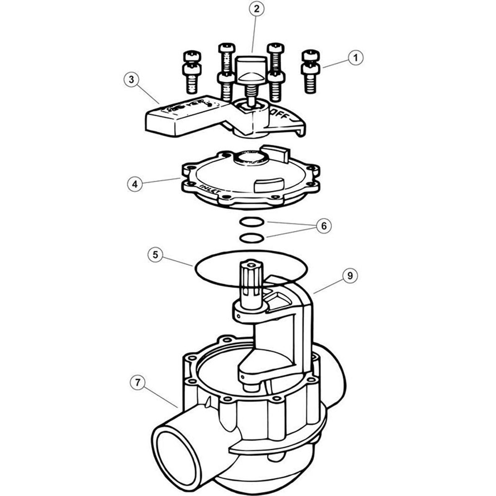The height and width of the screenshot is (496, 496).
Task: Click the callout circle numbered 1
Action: (356, 58)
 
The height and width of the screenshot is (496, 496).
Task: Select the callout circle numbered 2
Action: (256, 9)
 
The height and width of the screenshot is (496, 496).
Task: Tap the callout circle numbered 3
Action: (131, 80)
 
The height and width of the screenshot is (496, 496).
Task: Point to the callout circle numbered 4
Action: (135, 184)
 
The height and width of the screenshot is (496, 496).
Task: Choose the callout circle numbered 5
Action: (155, 255)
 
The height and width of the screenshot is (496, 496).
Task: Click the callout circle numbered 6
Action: (324, 226)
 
